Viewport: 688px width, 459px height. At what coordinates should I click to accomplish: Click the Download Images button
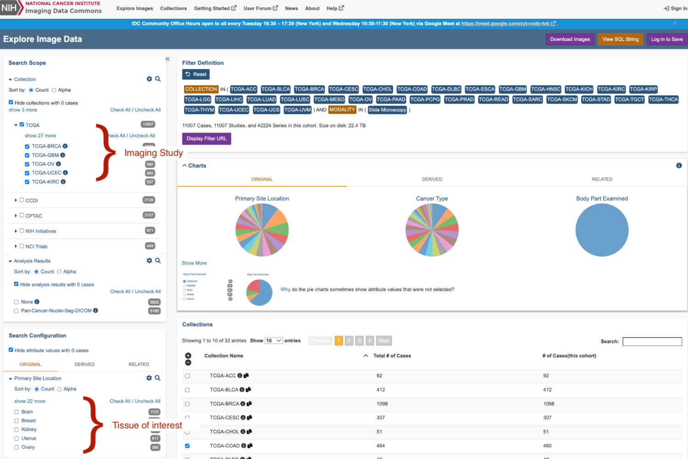pos(570,39)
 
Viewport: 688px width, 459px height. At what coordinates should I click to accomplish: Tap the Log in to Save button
pos(666,39)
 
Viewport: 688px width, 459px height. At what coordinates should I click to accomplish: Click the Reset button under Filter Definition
pos(196,74)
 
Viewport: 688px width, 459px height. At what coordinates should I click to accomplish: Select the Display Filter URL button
pos(207,138)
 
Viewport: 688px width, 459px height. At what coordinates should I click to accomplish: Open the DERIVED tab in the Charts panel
pos(432,179)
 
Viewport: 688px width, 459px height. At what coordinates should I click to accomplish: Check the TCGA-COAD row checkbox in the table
pos(187,446)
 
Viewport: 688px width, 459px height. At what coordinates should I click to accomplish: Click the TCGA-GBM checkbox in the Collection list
pos(27,155)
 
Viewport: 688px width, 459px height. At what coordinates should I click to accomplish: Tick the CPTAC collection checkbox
pos(22,215)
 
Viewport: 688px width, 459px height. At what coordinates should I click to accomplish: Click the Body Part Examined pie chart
pos(602,230)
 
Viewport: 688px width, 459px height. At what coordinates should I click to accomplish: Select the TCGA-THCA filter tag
pos(663,100)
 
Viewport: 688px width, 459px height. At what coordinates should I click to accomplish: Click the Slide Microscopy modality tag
pos(387,110)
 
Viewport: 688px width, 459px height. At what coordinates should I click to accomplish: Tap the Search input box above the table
pos(652,342)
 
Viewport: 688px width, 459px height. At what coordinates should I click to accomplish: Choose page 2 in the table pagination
pos(349,341)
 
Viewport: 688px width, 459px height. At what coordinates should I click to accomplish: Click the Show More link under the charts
pos(194,263)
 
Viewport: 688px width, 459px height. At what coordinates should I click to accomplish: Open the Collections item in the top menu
pos(173,8)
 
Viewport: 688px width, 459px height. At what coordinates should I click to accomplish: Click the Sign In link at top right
pos(675,8)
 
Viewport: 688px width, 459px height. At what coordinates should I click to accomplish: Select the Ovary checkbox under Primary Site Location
pos(17,448)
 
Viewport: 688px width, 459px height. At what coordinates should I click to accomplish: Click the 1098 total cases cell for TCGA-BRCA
pos(382,404)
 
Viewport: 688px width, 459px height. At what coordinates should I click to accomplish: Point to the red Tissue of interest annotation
pos(147,426)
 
